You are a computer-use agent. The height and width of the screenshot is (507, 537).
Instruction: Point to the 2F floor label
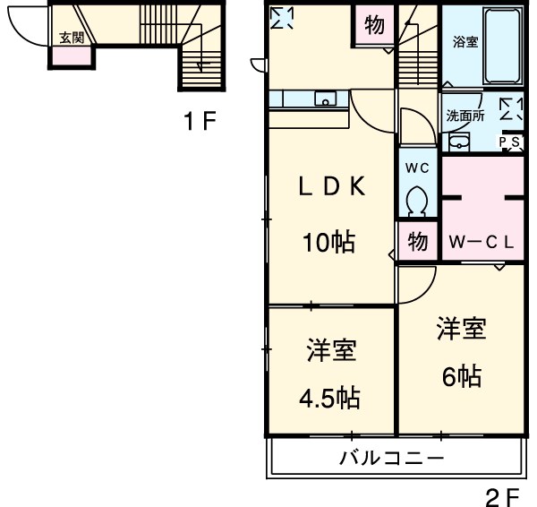[502, 494]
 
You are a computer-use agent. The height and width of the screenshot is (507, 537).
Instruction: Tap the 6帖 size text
[461, 376]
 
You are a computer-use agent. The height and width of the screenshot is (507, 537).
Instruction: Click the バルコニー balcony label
[391, 460]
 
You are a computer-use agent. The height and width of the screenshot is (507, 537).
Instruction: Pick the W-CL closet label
[481, 241]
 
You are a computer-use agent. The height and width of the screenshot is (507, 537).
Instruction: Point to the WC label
[418, 168]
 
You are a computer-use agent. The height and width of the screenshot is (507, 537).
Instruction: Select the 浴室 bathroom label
[465, 41]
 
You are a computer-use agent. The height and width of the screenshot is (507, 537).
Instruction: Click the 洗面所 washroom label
[465, 116]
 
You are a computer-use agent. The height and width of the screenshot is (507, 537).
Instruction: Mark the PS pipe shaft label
[511, 142]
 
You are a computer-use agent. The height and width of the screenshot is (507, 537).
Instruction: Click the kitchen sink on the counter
[324, 99]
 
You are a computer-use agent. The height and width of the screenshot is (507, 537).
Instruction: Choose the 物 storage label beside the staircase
[375, 25]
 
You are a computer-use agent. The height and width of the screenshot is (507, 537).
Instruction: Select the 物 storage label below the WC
[417, 241]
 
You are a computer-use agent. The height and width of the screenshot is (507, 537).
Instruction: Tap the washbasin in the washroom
[458, 142]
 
